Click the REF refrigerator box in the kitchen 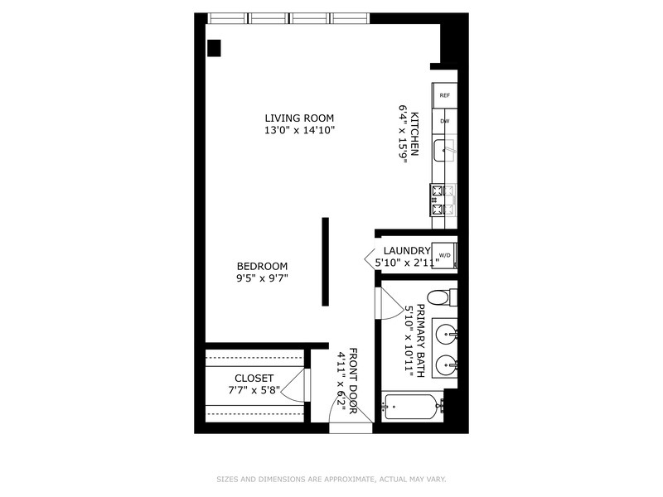[445, 96]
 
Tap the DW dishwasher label [445, 122]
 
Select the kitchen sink [448, 151]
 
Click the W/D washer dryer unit [445, 255]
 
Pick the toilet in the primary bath [441, 297]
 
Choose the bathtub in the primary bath [412, 406]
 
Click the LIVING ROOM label [299, 118]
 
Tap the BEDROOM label [262, 266]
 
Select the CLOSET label [254, 378]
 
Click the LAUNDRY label [406, 251]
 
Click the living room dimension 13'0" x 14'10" [299, 131]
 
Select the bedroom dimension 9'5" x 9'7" [262, 279]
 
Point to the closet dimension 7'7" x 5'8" [254, 390]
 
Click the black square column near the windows [214, 48]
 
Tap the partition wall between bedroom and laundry [326, 262]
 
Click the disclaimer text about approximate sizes [331, 479]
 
